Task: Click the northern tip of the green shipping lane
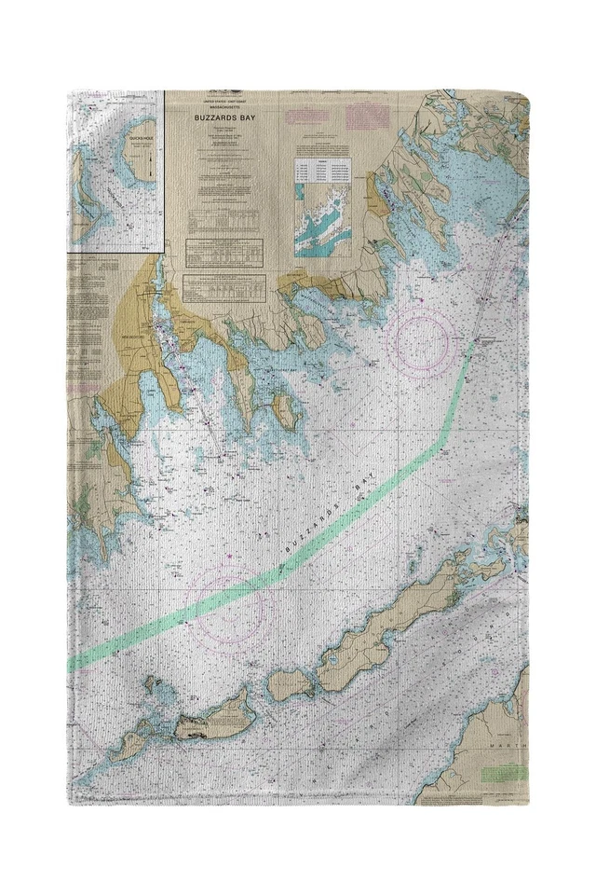coord(477,339)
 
